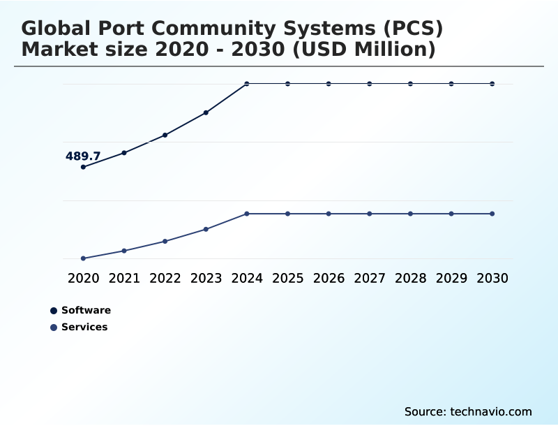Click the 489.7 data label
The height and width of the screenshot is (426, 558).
83,156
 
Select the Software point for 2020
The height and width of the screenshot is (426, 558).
83,167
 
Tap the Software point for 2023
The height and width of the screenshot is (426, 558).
206,112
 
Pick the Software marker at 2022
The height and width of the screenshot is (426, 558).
165,135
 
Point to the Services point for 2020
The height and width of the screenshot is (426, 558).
83,258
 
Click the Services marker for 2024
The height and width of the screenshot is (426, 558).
247,214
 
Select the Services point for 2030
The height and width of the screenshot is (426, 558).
492,214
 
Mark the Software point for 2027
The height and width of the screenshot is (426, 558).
370,84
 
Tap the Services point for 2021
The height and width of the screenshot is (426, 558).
124,251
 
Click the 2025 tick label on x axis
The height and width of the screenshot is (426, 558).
288,278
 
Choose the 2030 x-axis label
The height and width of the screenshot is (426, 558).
492,278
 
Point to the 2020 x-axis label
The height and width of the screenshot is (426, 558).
83,278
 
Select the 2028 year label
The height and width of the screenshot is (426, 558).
411,278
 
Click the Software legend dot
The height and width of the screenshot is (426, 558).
54,311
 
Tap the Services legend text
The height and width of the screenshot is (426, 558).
84,327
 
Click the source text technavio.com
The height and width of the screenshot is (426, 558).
491,411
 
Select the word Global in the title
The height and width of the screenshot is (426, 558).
59,29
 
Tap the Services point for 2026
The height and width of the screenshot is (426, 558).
329,214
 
